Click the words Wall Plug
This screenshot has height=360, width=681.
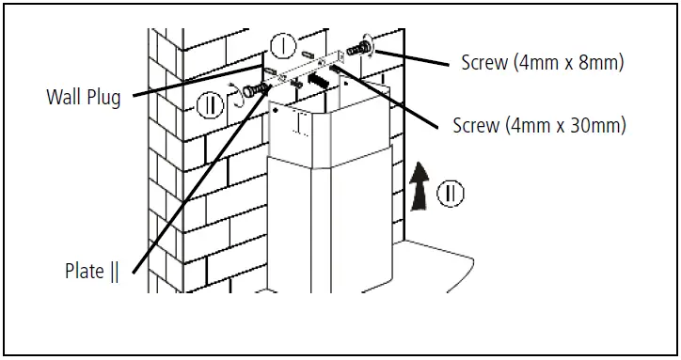84,97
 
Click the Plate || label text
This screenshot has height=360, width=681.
91,272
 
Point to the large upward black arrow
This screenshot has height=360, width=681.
420,186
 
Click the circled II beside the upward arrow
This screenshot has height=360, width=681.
450,194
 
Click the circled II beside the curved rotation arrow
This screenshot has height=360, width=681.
210,105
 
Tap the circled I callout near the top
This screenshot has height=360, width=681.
283,46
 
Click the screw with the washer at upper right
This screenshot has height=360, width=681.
359,48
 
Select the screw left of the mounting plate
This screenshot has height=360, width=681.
254,90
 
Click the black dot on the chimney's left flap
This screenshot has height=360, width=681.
276,110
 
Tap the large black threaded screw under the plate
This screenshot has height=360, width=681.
317,80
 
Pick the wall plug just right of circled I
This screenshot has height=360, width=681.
308,55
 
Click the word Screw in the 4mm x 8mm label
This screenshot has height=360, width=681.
484,63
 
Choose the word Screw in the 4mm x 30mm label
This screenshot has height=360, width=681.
476,126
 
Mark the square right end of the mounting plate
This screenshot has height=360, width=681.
340,55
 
